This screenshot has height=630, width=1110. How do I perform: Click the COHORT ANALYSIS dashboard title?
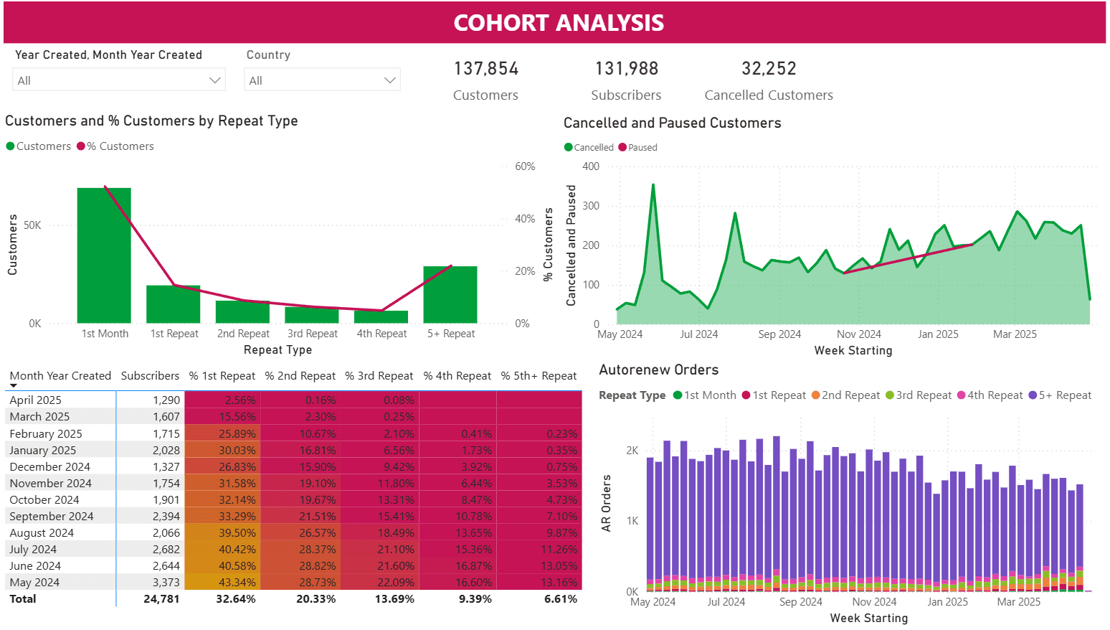tap(558, 23)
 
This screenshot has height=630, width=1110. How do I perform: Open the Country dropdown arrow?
tap(390, 80)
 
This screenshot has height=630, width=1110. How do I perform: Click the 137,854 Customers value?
tap(485, 69)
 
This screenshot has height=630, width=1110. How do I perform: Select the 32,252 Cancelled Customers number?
tap(769, 69)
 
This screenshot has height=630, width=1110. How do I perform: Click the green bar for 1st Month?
tap(104, 255)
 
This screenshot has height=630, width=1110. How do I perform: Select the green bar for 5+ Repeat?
tap(450, 295)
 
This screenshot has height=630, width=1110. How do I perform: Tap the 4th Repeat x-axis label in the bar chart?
tap(381, 334)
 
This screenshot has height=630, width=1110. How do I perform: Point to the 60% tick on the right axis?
tap(525, 166)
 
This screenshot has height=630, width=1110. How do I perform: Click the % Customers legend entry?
tap(120, 146)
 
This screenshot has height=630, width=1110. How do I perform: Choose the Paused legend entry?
tap(642, 148)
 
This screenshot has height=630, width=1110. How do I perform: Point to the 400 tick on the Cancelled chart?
tap(591, 166)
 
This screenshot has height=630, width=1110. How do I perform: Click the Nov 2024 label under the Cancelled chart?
tap(858, 334)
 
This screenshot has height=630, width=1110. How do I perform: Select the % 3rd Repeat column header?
tap(379, 376)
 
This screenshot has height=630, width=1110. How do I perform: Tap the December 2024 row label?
tap(49, 467)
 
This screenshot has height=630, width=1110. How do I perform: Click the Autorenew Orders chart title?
tap(658, 370)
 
